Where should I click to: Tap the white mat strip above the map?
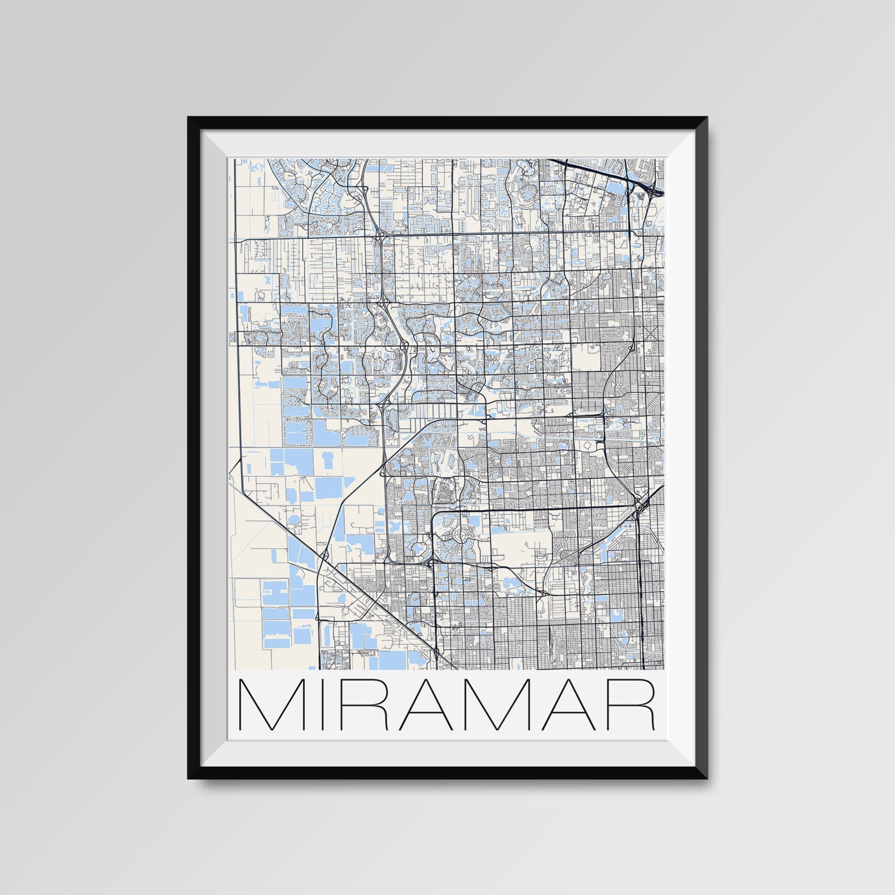447,143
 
